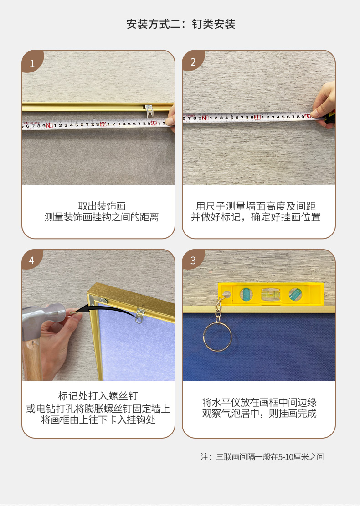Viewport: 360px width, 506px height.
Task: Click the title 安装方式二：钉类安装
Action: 180,24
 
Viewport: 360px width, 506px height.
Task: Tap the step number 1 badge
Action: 32,63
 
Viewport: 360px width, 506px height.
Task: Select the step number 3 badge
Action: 193,261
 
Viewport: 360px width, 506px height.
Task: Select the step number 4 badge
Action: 31,261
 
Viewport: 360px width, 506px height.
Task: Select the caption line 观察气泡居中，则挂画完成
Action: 259,414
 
